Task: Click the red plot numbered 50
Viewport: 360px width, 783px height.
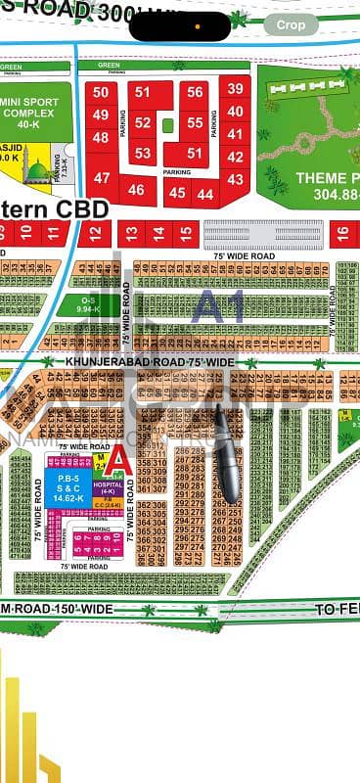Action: click(x=101, y=92)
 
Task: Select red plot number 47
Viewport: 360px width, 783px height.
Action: click(x=102, y=178)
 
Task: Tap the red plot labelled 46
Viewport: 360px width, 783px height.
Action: click(x=137, y=191)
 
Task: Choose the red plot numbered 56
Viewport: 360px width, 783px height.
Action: click(x=196, y=93)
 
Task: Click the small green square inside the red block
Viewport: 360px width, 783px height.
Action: click(x=168, y=125)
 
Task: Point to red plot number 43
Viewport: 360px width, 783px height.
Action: click(x=235, y=179)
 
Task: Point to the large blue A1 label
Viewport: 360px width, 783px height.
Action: click(x=219, y=307)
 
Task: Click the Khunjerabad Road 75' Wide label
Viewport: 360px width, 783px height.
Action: click(x=137, y=362)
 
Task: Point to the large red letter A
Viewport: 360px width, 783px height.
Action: click(x=117, y=461)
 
